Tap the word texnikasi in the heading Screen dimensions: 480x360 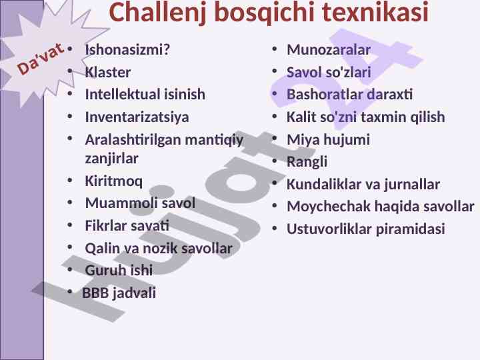click(375, 11)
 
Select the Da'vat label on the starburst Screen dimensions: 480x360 click(41, 59)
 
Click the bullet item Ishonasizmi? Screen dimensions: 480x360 click(127, 49)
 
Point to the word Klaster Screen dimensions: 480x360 click(108, 72)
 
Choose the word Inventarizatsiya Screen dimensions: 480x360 click(137, 117)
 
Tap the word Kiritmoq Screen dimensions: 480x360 click(113, 181)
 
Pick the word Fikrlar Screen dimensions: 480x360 click(105, 225)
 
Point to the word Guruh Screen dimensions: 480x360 click(103, 270)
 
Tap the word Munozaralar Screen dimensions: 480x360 click(329, 49)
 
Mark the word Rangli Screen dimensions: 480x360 click(307, 162)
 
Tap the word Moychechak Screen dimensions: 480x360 click(329, 207)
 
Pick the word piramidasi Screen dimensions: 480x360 click(410, 229)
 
